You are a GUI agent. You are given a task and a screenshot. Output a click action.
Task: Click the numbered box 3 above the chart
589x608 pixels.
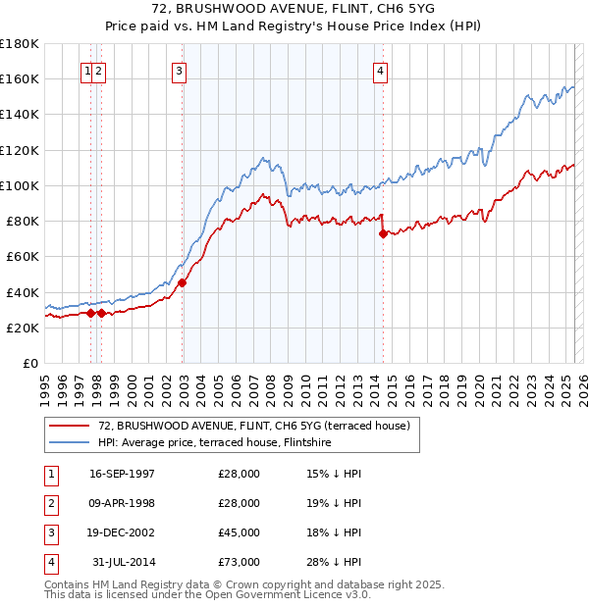tap(180, 70)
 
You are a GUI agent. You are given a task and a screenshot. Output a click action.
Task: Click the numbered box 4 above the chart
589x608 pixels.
tap(380, 70)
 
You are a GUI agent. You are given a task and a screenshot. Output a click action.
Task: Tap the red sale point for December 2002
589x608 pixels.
tap(183, 282)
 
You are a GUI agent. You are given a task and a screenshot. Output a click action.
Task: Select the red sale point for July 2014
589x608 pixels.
tap(383, 233)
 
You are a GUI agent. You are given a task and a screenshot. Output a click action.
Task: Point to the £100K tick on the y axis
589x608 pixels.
tap(20, 185)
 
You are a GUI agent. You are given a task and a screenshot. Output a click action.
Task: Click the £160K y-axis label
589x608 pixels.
tap(20, 78)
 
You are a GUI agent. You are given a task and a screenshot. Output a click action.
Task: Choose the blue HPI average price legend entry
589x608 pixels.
tap(214, 442)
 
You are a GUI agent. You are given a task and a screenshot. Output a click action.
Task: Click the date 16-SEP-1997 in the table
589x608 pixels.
tap(122, 474)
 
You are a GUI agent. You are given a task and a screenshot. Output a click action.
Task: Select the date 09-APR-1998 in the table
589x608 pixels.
tap(122, 503)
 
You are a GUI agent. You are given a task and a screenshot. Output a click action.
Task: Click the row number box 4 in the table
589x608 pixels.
tap(50, 562)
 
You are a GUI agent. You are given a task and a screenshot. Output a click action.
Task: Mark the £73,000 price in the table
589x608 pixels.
tap(239, 562)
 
